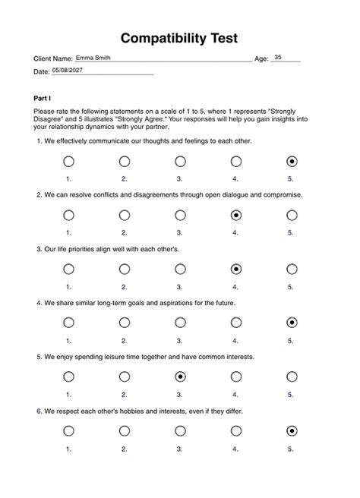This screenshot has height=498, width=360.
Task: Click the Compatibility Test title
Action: (x=180, y=38)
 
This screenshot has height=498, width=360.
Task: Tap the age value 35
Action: (x=278, y=58)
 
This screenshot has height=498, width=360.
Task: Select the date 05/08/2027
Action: (x=69, y=71)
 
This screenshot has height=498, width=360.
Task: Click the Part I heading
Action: (x=43, y=99)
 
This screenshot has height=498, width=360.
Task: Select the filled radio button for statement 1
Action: (x=292, y=162)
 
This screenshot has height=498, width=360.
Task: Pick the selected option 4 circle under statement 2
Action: (x=236, y=216)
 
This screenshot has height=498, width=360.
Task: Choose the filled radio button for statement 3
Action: (x=236, y=269)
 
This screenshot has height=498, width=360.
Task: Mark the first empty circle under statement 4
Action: (x=68, y=323)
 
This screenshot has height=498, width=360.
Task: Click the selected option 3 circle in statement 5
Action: (x=180, y=377)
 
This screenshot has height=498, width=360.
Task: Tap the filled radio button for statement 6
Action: (x=292, y=431)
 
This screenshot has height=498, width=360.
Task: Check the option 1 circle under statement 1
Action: (x=68, y=162)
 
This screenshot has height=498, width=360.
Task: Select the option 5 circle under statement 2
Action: (x=292, y=216)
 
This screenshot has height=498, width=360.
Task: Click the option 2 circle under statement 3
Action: (x=125, y=269)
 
